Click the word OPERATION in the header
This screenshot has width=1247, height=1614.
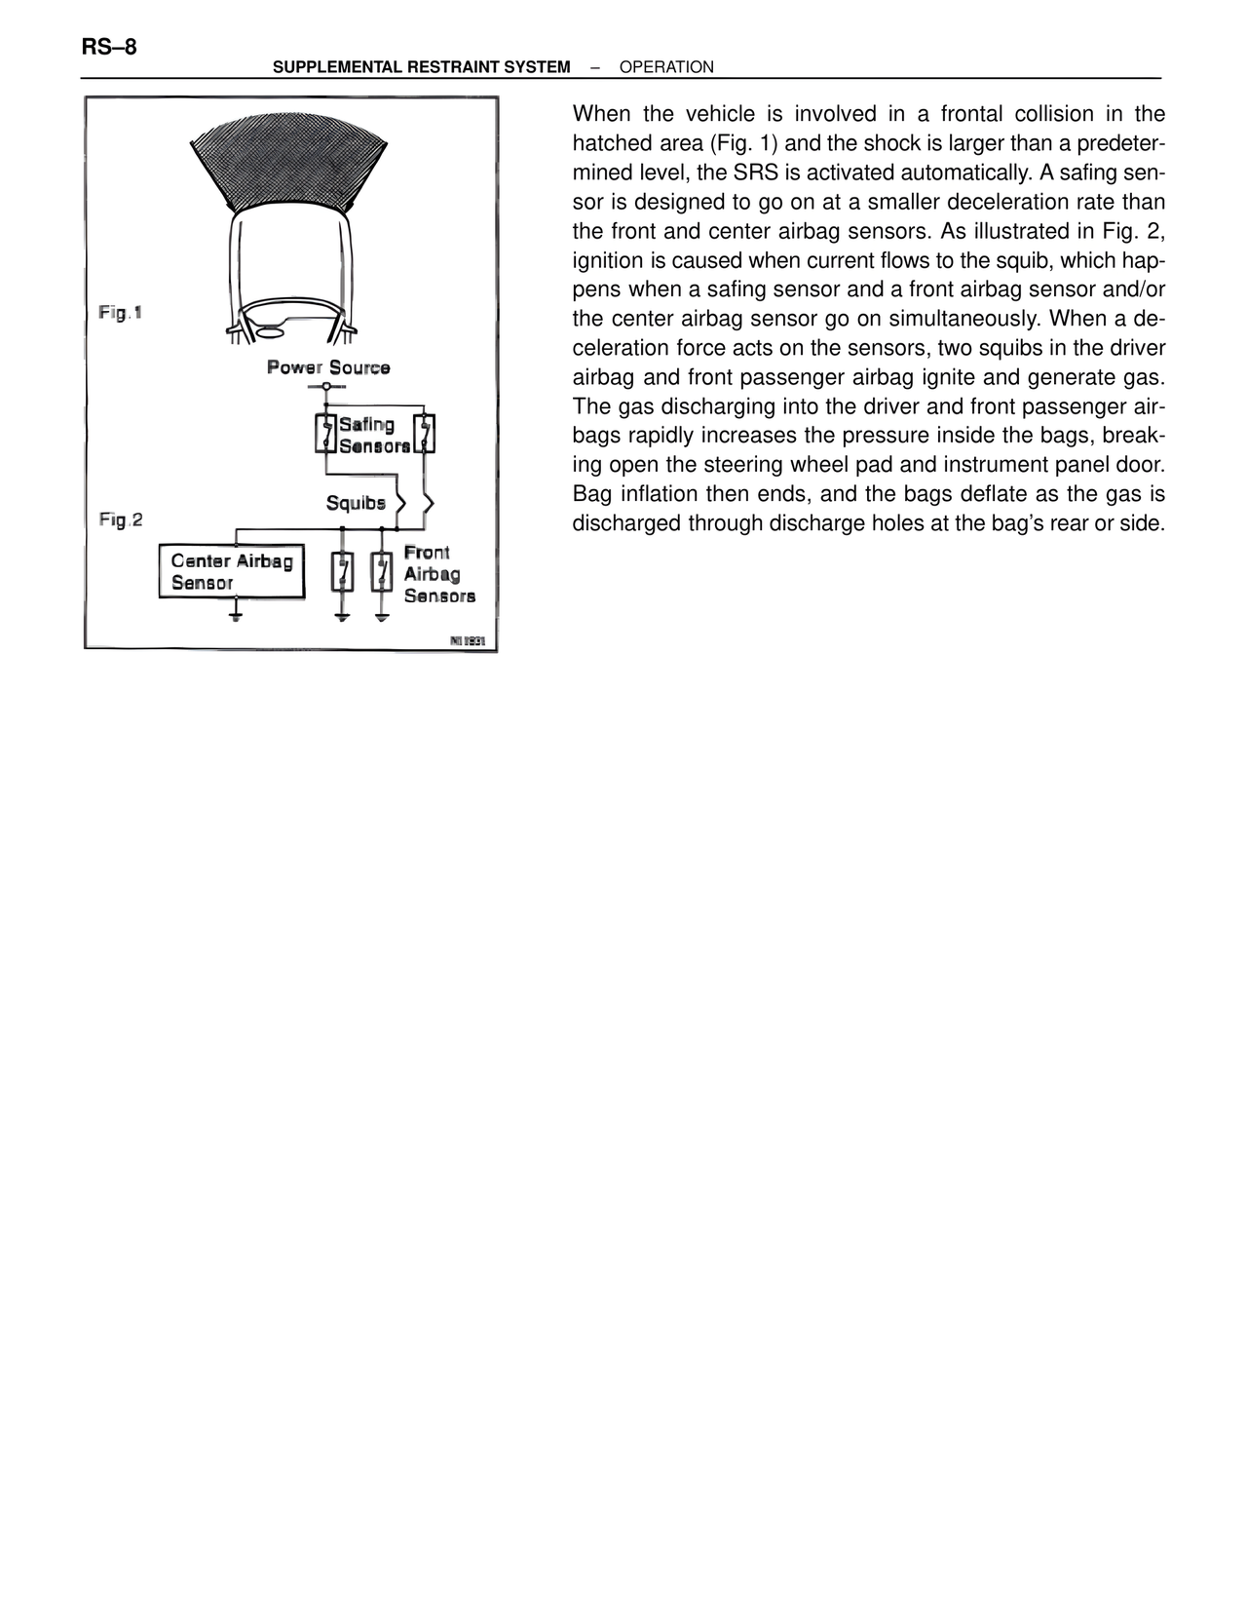(x=666, y=67)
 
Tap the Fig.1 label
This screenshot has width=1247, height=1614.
(x=121, y=313)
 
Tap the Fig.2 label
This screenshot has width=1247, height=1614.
(x=121, y=519)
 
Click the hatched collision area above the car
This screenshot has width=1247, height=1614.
(x=290, y=161)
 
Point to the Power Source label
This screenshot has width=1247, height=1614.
(x=328, y=367)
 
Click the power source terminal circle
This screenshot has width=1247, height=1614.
(x=325, y=387)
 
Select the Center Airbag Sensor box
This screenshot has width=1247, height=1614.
(x=232, y=571)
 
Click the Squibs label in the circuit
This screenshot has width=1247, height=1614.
(x=356, y=503)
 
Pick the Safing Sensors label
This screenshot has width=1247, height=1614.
(x=374, y=435)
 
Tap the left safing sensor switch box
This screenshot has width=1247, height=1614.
(x=324, y=434)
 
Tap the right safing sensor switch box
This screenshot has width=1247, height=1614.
(x=425, y=434)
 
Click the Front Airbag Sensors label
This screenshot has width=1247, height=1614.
(x=438, y=574)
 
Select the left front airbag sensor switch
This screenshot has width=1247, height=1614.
(x=342, y=572)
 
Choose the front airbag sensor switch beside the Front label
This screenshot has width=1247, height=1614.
(x=382, y=572)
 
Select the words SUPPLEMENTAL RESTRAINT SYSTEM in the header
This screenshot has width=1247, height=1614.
(x=421, y=67)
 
